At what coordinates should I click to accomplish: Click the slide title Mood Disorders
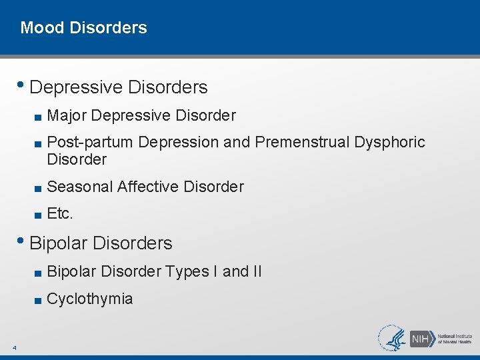click(83, 28)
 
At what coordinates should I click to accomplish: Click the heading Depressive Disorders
click(119, 87)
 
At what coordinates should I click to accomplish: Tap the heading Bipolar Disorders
click(101, 243)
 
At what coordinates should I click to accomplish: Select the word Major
click(67, 116)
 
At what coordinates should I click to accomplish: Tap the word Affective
click(146, 187)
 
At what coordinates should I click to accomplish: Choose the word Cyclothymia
click(90, 299)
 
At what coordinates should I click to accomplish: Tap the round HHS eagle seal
click(392, 337)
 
